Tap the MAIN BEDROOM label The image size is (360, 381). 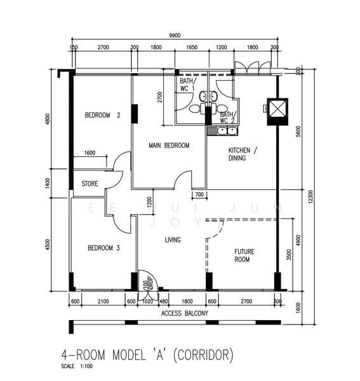169,145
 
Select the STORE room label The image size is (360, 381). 90,184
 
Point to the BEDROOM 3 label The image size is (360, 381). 103,248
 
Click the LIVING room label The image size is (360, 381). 173,240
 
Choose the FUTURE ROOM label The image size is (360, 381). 244,255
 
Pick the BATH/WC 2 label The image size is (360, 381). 227,117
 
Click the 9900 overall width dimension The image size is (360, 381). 176,36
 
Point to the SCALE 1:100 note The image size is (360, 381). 76,366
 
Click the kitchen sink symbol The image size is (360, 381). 222,131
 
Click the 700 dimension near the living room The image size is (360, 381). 199,194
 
